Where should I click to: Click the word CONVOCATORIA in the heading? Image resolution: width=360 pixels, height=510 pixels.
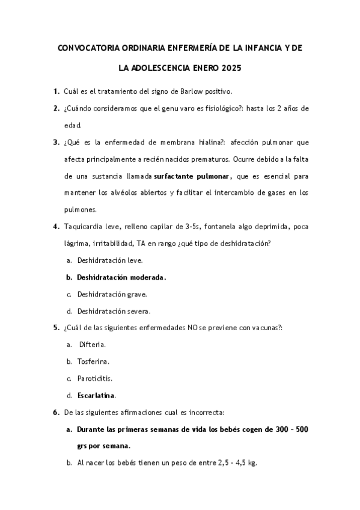pyautogui.click(x=87, y=46)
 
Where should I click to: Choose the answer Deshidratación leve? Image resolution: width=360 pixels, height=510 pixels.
pyautogui.click(x=110, y=260)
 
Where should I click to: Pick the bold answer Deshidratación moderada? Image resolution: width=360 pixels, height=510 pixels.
pyautogui.click(x=121, y=277)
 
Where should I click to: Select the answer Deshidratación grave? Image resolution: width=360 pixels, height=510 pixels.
pyautogui.click(x=112, y=294)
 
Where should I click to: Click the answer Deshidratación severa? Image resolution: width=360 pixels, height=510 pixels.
pyautogui.click(x=114, y=311)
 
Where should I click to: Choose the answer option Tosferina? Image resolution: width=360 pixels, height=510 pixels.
pyautogui.click(x=93, y=361)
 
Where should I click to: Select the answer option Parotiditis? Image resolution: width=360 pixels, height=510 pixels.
pyautogui.click(x=95, y=378)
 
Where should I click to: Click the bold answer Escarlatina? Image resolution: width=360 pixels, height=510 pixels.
pyautogui.click(x=96, y=395)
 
